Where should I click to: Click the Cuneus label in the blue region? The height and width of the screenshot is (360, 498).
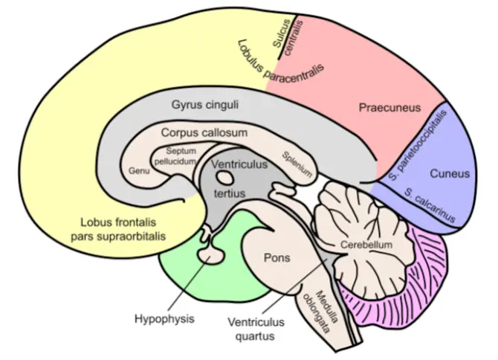pos(449,174)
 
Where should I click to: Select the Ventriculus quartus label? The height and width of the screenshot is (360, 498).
pos(249,330)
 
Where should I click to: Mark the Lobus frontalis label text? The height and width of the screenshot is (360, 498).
pos(123,228)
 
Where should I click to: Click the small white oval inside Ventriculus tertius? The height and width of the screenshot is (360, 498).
pos(224,178)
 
